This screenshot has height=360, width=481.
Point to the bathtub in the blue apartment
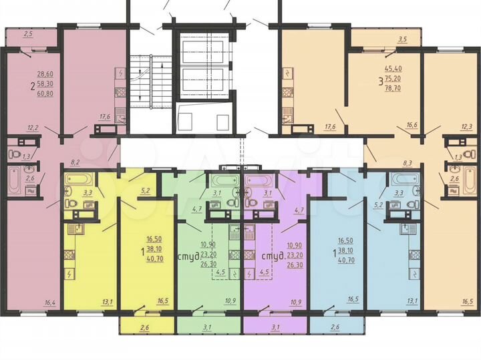(405, 179)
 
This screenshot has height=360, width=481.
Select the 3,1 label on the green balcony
(207, 327)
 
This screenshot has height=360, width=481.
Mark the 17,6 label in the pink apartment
(104, 116)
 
